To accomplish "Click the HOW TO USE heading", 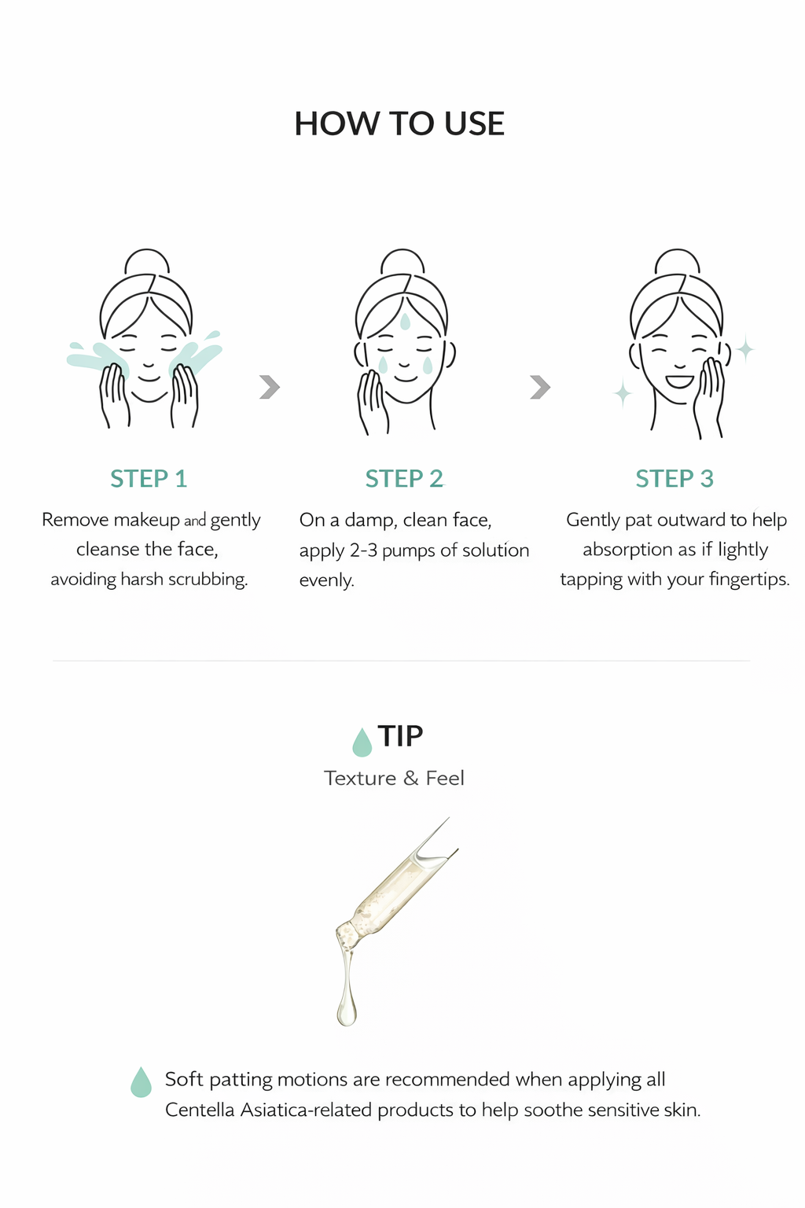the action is click(x=399, y=123).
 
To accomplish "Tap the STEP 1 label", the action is click(x=149, y=479).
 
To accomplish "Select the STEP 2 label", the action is click(x=404, y=479).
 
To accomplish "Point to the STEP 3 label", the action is click(x=675, y=479).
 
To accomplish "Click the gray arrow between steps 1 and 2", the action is click(x=270, y=387).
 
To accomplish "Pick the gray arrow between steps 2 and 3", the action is click(x=540, y=387).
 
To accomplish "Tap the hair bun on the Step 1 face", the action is click(x=147, y=262).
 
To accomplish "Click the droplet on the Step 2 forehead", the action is click(x=405, y=322).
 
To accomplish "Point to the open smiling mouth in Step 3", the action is click(x=679, y=381).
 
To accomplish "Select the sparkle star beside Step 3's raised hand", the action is click(x=745, y=349).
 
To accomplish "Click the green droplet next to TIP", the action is click(x=362, y=742).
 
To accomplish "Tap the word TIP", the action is click(x=400, y=736).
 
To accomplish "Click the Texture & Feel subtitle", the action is click(x=394, y=778).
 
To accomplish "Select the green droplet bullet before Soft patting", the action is click(x=142, y=1082).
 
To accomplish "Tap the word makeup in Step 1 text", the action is click(x=147, y=521).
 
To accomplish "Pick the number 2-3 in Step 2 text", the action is click(x=363, y=551).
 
